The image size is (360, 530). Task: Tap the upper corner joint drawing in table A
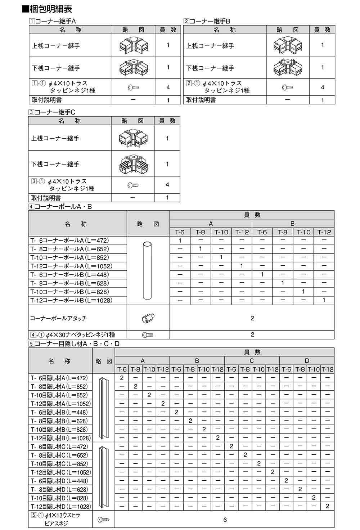pyautogui.click(x=133, y=45)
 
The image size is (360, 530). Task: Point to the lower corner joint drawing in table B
pyautogui.click(x=287, y=67)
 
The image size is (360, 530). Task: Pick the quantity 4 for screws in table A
pyautogui.click(x=168, y=87)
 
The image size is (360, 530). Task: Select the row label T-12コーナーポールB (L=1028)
pyautogui.click(x=71, y=300)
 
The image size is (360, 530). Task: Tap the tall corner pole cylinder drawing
pyautogui.click(x=148, y=271)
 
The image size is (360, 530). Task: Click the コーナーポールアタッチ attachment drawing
pyautogui.click(x=148, y=318)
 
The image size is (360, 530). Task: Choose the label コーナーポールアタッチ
pyautogui.click(x=58, y=318)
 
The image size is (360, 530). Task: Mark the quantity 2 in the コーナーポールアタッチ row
pyautogui.click(x=252, y=318)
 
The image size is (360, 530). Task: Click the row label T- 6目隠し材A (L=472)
pyautogui.click(x=59, y=378)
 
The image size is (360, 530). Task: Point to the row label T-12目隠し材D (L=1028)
pyautogui.click(x=60, y=507)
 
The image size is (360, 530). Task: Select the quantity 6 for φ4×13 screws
pyautogui.click(x=225, y=520)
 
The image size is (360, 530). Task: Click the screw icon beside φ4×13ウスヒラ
pyautogui.click(x=103, y=520)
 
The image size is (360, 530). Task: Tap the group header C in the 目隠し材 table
pyautogui.click(x=252, y=361)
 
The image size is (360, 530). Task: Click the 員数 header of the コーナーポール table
pyautogui.click(x=252, y=215)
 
